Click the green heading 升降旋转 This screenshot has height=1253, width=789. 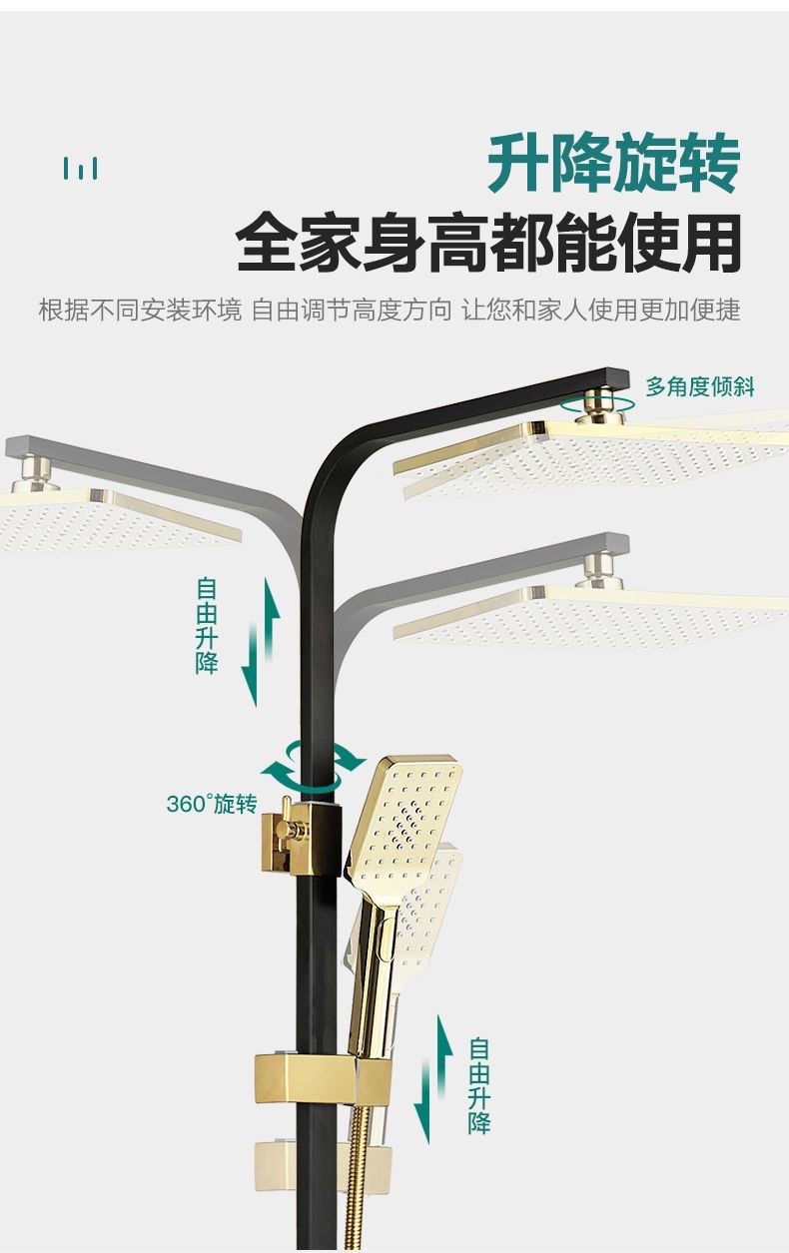[613, 166]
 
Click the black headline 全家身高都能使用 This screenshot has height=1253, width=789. [488, 244]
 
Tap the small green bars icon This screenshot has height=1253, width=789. [81, 169]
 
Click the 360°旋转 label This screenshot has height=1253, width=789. [211, 804]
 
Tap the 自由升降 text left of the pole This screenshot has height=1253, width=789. [207, 625]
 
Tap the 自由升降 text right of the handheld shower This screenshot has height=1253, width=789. [479, 1085]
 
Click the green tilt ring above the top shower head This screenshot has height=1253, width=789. [597, 403]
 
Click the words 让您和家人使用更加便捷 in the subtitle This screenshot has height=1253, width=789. [600, 311]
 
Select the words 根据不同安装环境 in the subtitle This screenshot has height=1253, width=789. [140, 311]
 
